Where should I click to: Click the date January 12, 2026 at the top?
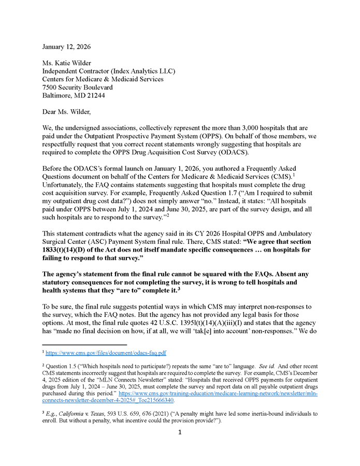coord(66,47)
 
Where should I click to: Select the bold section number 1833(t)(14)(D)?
coord(70,250)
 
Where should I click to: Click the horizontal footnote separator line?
coord(84,344)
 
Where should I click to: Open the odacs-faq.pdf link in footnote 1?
coord(106,353)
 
